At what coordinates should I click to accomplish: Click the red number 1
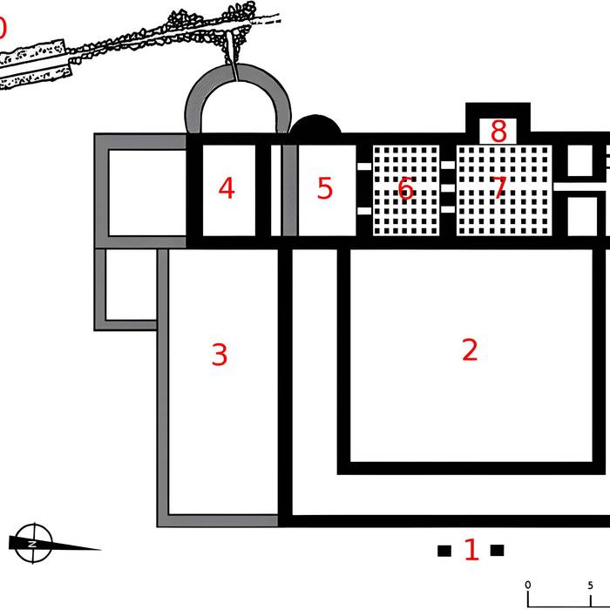[471, 550]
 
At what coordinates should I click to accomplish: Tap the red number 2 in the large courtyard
[470, 349]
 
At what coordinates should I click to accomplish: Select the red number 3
[220, 355]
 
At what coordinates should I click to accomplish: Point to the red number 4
[227, 188]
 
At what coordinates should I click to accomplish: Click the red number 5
[325, 188]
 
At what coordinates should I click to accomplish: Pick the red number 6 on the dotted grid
[405, 188]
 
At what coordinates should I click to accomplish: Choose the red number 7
[498, 188]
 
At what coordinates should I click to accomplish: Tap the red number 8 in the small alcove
[498, 132]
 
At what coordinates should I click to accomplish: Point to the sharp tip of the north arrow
[101, 549]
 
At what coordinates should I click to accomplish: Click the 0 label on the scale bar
[528, 585]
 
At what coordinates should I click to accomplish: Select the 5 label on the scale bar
[591, 585]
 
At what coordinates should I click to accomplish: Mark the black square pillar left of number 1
[444, 551]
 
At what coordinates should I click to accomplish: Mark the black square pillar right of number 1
[498, 551]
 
